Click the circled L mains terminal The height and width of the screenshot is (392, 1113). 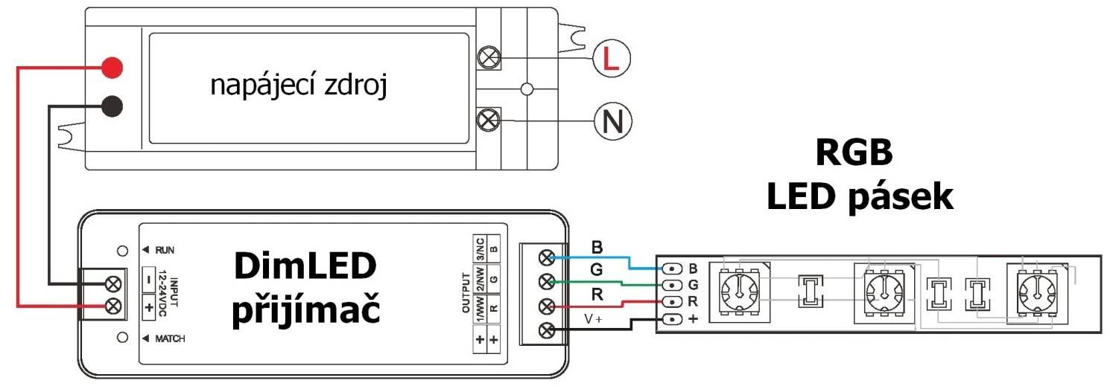(x=611, y=59)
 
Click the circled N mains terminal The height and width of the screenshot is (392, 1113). (x=612, y=121)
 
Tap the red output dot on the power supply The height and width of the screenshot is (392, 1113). (x=112, y=67)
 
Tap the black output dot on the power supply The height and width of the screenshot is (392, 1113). (x=112, y=106)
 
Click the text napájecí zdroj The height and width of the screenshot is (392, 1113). (x=299, y=86)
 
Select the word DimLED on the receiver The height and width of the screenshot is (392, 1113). (x=305, y=266)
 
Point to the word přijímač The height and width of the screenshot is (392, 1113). (x=305, y=308)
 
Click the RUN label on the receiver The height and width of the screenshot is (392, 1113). (x=165, y=250)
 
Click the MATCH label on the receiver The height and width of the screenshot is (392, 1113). (x=170, y=338)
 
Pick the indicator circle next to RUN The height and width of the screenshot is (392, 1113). (x=122, y=251)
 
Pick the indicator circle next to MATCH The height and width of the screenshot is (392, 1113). (x=122, y=338)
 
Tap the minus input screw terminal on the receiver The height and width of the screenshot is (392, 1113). (x=114, y=284)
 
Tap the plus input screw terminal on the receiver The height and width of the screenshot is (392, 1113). (x=114, y=306)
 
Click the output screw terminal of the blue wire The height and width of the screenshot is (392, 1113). (x=547, y=257)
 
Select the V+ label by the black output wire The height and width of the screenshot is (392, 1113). (x=593, y=318)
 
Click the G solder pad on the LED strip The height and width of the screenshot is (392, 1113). (x=672, y=286)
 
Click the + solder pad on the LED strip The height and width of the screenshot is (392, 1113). (x=672, y=319)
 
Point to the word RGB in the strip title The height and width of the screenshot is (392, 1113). (x=854, y=152)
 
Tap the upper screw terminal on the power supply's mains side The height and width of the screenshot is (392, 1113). (x=489, y=57)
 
